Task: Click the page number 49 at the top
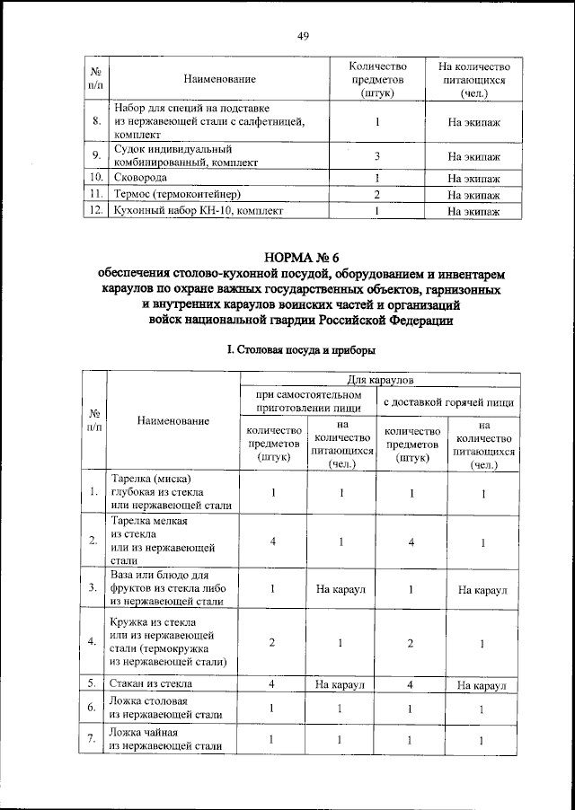303,36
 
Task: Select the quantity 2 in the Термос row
378,194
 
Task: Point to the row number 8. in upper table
95,120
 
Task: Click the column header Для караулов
380,382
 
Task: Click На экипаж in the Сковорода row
473,178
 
